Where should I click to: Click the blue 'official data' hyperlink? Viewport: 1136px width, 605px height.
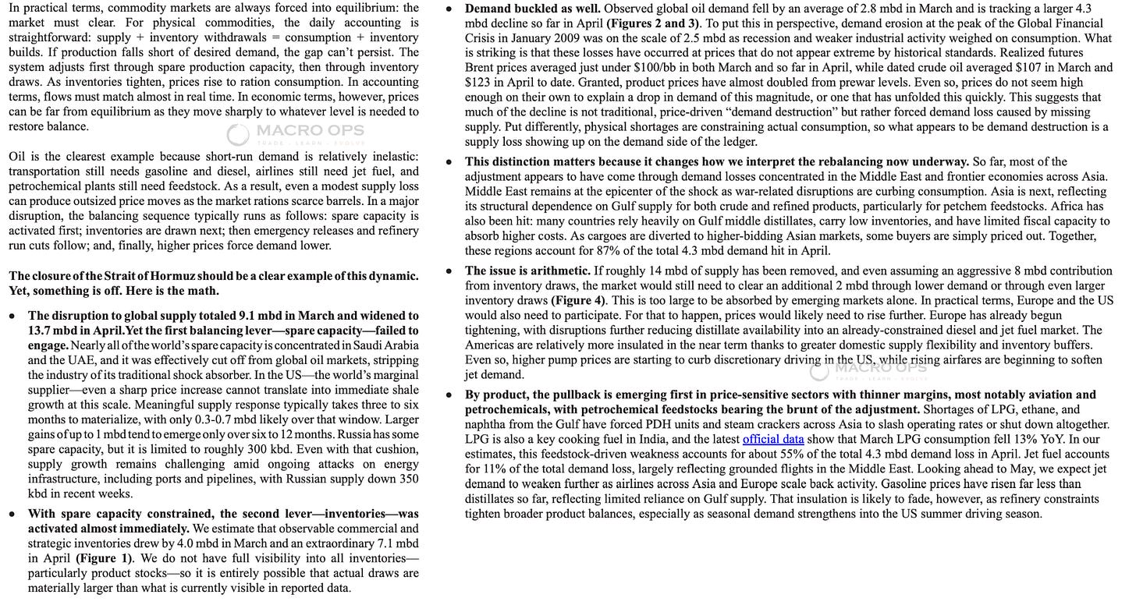click(x=773, y=440)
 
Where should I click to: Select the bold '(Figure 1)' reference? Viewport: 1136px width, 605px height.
click(x=105, y=558)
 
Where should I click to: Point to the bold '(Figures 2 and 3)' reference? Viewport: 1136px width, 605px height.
click(x=653, y=23)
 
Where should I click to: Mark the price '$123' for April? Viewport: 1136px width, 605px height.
click(x=477, y=83)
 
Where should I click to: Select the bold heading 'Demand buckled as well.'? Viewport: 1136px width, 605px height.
click(x=532, y=9)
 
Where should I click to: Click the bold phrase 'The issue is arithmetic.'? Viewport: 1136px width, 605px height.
click(x=527, y=271)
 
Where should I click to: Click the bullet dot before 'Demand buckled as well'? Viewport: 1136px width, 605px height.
click(x=448, y=9)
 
